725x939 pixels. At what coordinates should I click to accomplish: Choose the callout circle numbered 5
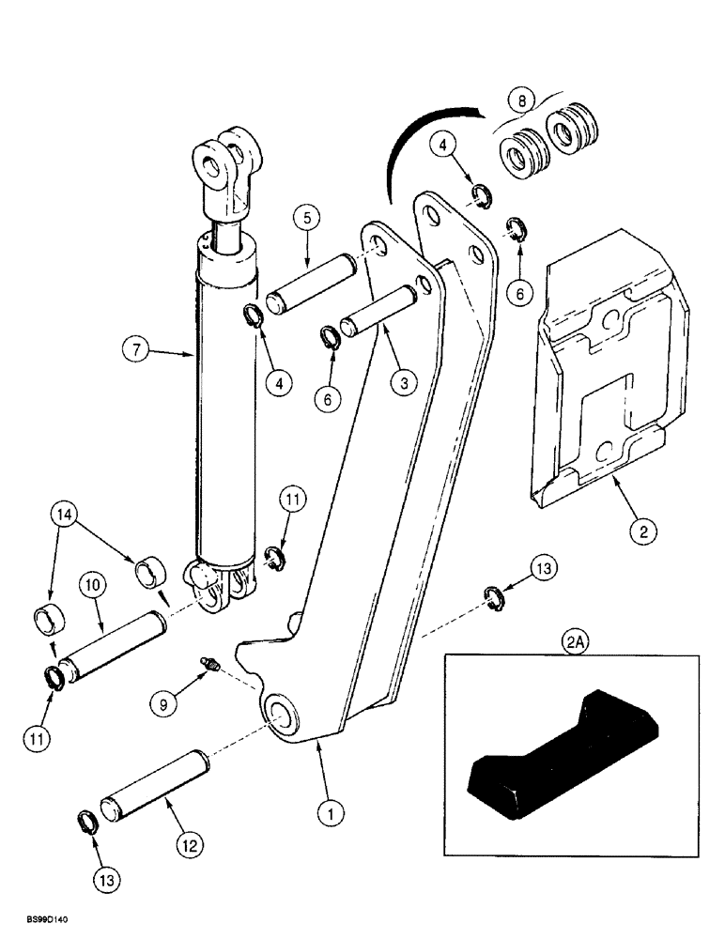311,220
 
